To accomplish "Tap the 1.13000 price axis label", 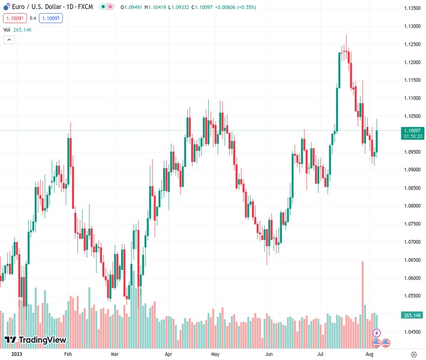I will click(x=412, y=26).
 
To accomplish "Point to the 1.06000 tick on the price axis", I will click(x=412, y=278).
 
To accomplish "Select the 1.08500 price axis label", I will click(x=412, y=188).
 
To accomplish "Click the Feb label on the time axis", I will click(x=68, y=354).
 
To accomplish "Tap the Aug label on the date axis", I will click(x=370, y=354).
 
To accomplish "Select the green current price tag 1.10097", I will click(x=412, y=130).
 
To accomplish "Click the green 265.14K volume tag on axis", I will click(x=412, y=315).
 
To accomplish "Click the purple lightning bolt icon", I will click(x=376, y=332).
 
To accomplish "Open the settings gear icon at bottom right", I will click(x=413, y=354).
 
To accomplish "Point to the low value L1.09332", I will click(x=182, y=7).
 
